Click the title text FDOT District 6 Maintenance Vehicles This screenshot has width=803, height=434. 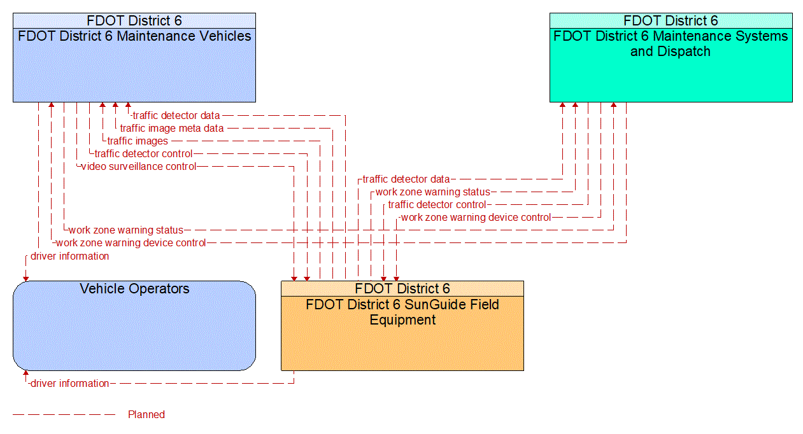point(134,36)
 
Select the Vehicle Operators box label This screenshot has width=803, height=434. point(134,289)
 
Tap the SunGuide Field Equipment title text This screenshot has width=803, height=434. point(402,312)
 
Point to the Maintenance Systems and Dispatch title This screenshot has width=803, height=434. point(671,44)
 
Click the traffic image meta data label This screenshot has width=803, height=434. point(172,129)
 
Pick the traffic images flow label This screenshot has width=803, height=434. point(138,141)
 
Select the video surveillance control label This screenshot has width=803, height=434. point(138,167)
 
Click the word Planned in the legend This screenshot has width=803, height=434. point(146,415)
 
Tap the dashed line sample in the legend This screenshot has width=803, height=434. point(64,415)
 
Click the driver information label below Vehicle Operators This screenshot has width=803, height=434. point(69,384)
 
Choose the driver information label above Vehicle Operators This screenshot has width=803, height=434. point(69,256)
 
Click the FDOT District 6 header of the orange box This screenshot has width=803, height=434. point(402,289)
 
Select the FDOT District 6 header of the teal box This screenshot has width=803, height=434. point(671,20)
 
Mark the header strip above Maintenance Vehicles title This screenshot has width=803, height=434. point(134,20)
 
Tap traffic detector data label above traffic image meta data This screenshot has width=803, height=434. point(176,116)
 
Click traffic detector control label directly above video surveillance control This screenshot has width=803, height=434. point(143,154)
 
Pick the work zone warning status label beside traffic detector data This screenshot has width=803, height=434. point(432,192)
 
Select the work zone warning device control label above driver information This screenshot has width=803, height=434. point(131,243)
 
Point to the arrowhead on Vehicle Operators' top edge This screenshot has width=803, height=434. point(26,277)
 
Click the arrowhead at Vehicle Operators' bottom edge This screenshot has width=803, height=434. point(26,374)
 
